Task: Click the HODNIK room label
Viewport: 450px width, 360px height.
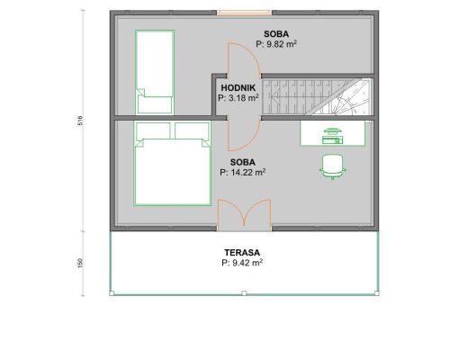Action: pos(238,88)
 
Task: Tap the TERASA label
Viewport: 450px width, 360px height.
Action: pos(242,253)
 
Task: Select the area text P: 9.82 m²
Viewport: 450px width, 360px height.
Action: pos(276,44)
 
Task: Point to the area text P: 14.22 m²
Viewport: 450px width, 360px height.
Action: pos(242,172)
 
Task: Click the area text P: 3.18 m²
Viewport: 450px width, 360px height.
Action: pos(238,98)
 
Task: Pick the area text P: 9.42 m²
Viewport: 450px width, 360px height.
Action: pos(242,263)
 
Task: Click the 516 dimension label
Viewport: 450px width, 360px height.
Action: pos(80,121)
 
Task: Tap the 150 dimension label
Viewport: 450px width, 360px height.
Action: pos(80,263)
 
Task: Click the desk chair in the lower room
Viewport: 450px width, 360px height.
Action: pos(332,167)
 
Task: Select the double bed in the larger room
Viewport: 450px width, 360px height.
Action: pos(172,164)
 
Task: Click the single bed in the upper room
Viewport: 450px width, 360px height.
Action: pos(155,72)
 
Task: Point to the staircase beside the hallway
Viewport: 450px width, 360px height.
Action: pos(316,97)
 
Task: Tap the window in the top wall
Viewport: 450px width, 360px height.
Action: pos(244,13)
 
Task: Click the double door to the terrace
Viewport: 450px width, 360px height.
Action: pos(244,214)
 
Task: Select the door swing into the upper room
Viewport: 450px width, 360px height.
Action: pos(243,58)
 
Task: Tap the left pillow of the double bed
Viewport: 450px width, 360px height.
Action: pos(153,130)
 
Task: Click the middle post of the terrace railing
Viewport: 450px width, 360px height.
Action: pos(244,293)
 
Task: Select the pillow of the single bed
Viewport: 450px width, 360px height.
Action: pos(155,104)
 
